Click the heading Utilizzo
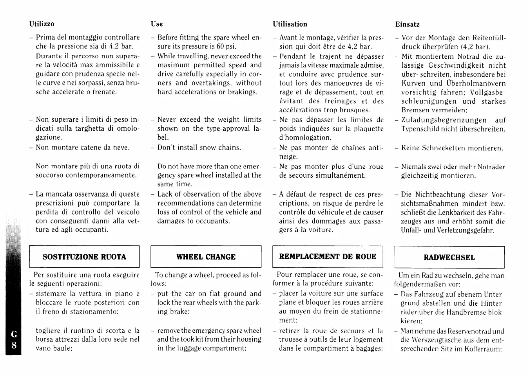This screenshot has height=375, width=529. point(42,24)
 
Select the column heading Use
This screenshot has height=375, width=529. point(157,24)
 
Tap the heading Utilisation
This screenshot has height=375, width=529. point(290,24)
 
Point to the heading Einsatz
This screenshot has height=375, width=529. point(407,24)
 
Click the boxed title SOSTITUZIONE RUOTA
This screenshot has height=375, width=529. point(84,257)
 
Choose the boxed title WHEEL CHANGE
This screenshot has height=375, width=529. point(206,257)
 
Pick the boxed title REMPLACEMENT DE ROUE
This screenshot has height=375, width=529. point(328,256)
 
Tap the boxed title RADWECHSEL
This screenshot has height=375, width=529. point(449,257)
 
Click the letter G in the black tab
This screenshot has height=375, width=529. point(14,334)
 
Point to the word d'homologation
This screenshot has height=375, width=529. point(305,137)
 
